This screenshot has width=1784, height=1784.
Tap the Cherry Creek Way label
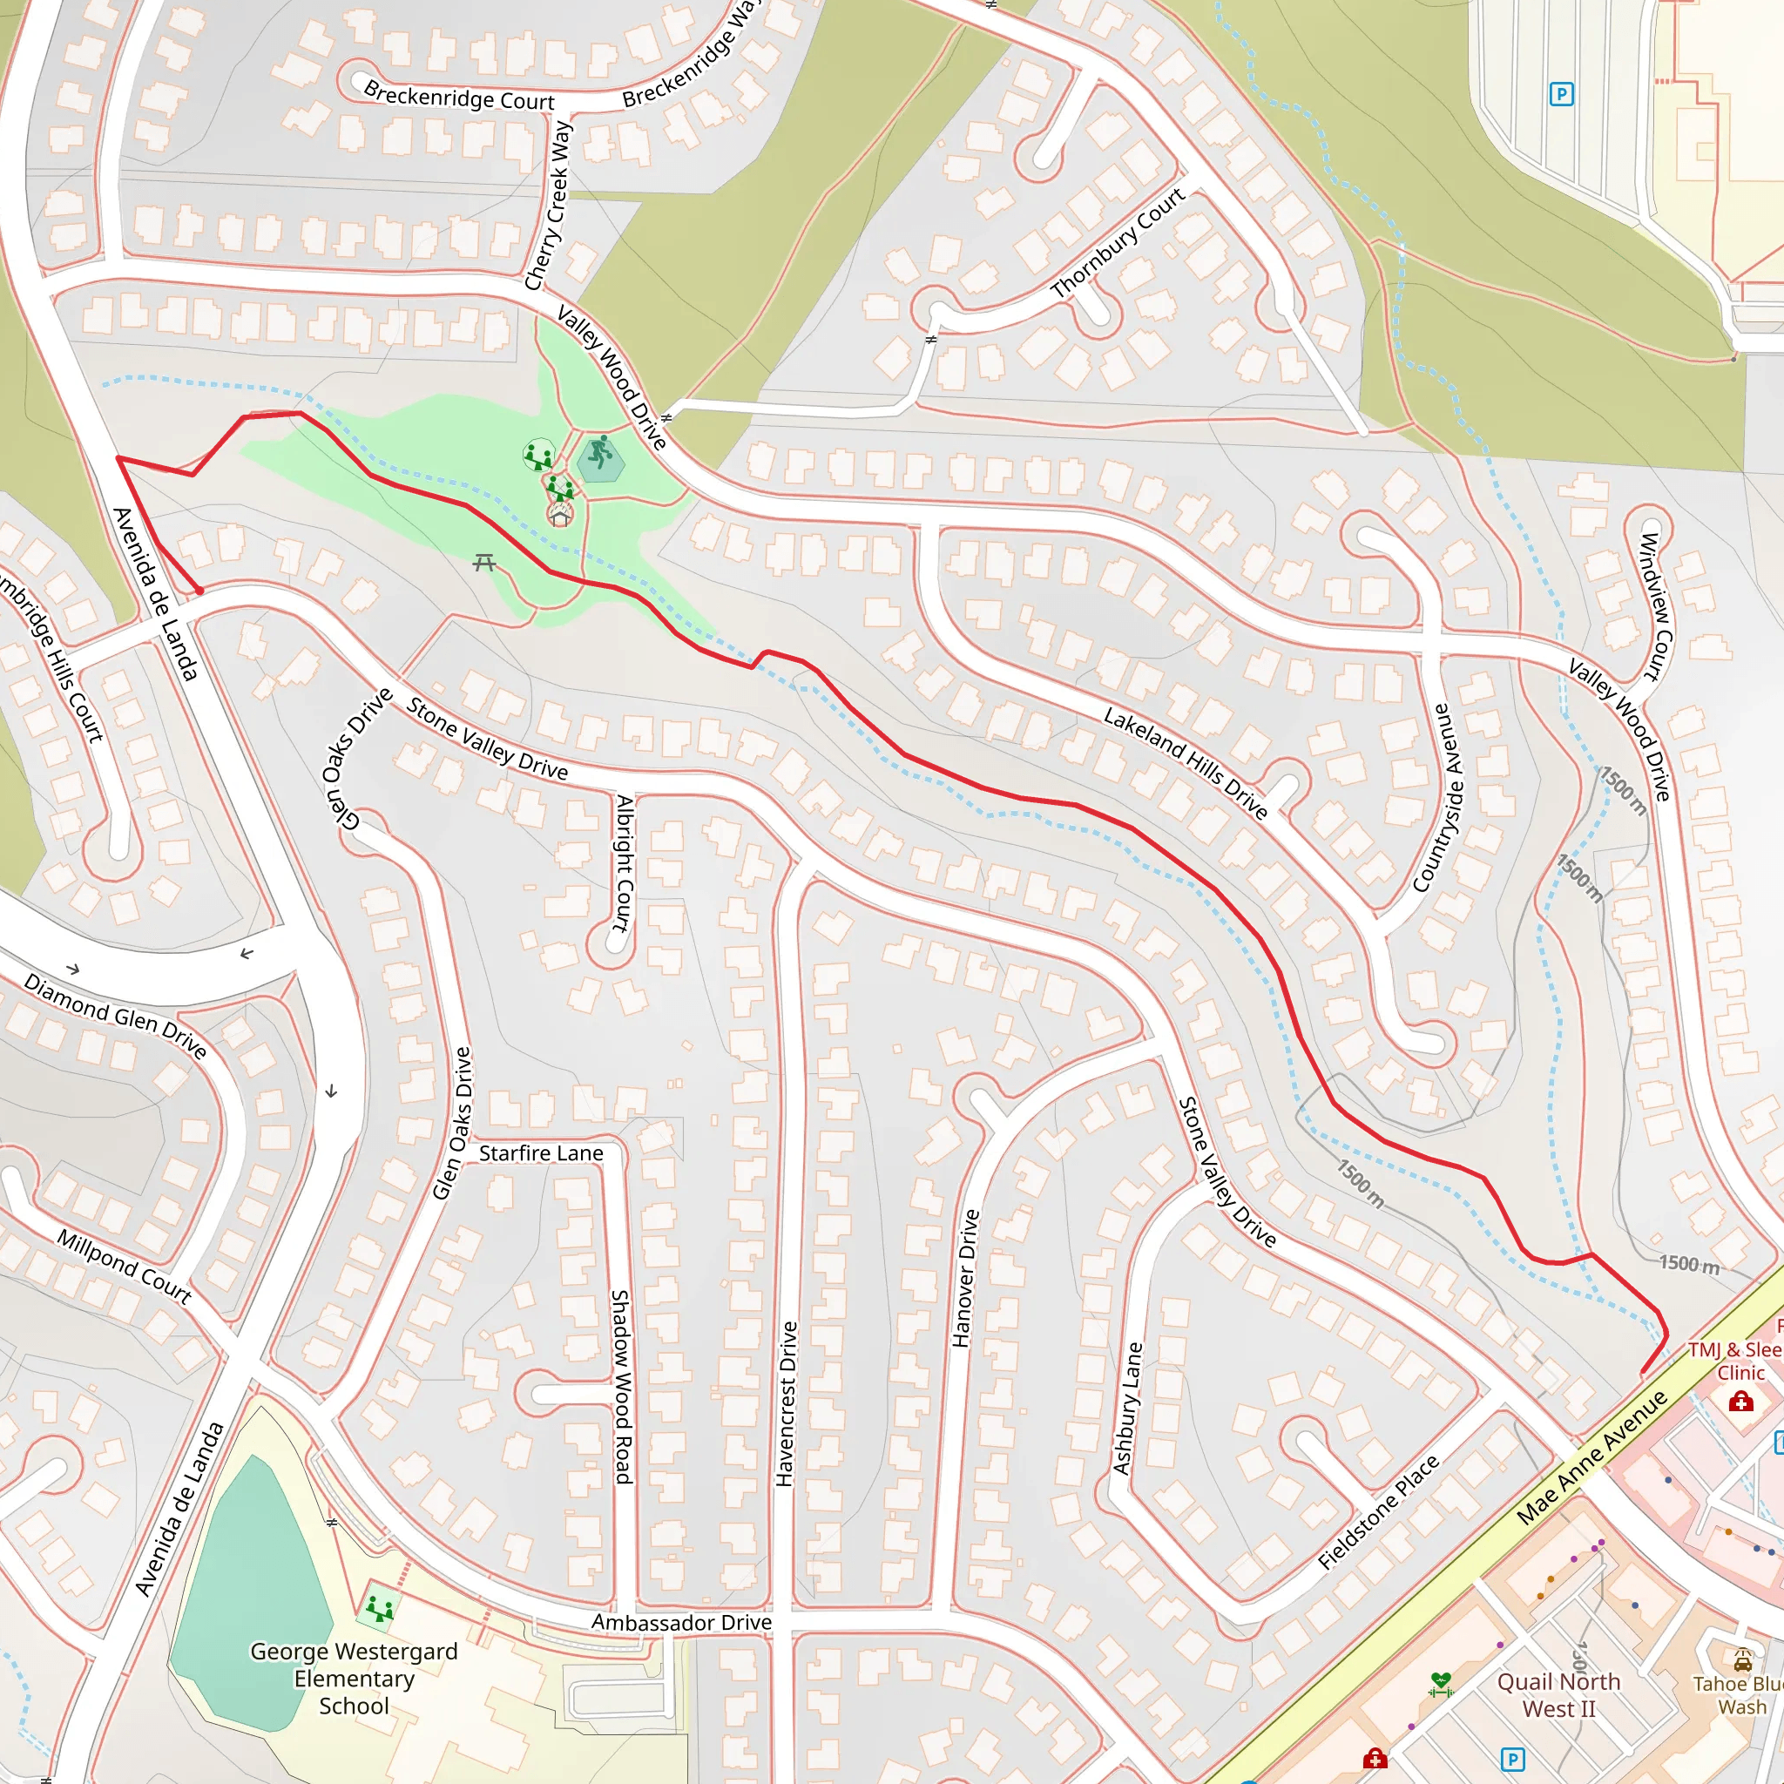549,206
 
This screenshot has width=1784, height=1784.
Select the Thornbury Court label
1118,242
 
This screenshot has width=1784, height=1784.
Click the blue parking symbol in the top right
1560,93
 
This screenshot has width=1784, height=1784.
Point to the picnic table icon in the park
483,562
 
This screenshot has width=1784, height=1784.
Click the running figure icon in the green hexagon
601,453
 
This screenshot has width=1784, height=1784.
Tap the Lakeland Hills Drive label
1186,763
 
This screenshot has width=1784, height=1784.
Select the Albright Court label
625,862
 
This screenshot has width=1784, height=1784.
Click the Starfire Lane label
541,1152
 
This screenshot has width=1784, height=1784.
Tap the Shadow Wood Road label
621,1386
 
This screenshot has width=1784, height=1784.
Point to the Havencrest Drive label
786,1403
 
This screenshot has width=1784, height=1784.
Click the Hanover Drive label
965,1278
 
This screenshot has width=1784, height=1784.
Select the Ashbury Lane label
1127,1409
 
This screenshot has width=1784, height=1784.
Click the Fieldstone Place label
1378,1512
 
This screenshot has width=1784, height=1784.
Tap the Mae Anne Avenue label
1592,1456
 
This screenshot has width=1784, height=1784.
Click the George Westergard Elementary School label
354,1678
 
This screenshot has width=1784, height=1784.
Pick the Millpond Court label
125,1266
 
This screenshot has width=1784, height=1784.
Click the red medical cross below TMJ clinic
1741,1402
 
